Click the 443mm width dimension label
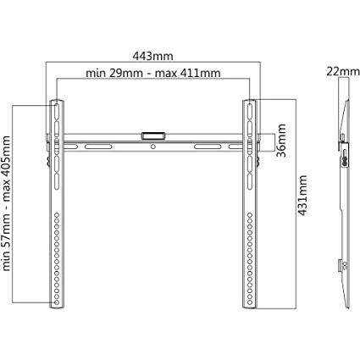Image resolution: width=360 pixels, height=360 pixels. (x=152, y=56)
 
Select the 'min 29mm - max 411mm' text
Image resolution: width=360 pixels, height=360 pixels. (x=153, y=73)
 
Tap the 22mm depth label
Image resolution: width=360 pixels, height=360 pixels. (x=343, y=72)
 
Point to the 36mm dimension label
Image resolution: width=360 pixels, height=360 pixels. (x=281, y=140)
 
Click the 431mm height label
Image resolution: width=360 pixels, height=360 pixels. (x=302, y=196)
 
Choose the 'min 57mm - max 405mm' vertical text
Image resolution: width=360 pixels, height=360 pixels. (x=6, y=203)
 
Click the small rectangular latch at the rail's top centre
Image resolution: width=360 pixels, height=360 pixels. (x=152, y=136)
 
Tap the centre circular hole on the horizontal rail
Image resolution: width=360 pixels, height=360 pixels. (x=153, y=147)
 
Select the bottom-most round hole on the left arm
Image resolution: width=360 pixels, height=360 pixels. (x=57, y=302)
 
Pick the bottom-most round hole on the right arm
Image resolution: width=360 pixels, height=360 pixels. (x=250, y=302)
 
